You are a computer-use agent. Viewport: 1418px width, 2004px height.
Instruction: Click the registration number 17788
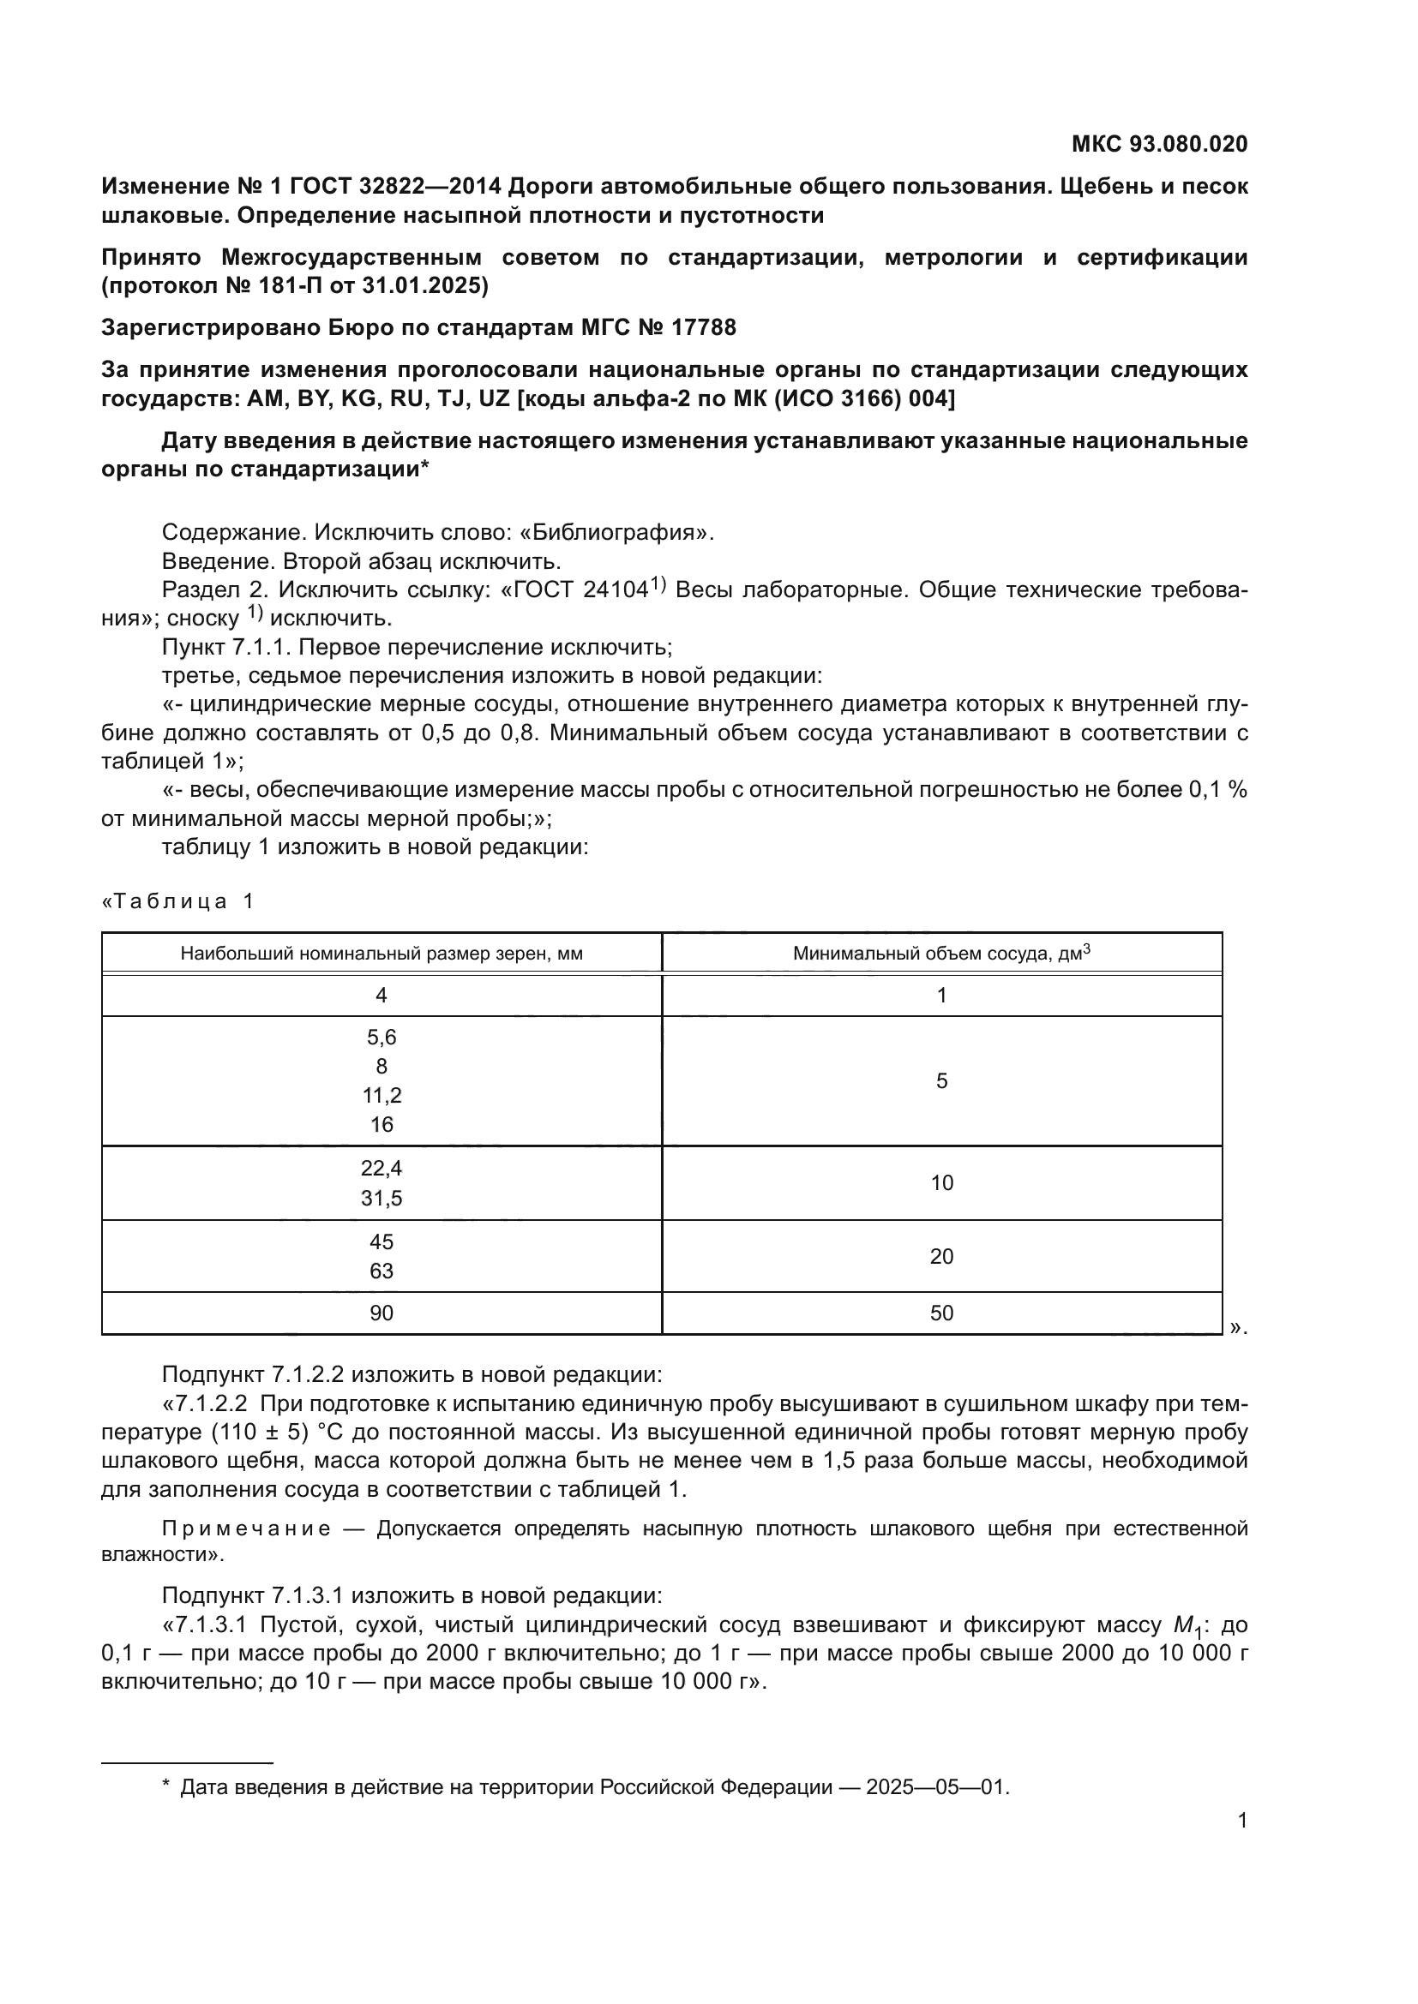tap(704, 327)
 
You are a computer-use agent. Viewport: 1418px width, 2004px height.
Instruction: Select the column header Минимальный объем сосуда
tap(940, 953)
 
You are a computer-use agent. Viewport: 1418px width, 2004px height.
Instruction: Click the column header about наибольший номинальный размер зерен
tap(382, 954)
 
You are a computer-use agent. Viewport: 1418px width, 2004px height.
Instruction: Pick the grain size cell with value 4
tap(382, 995)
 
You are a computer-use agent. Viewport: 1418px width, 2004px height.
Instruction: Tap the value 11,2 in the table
tap(382, 1096)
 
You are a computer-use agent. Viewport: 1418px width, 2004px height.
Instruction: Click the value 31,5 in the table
tap(382, 1199)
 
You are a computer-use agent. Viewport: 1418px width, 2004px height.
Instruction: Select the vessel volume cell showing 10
tap(941, 1182)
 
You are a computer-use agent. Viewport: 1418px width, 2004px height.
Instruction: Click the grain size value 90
tap(382, 1313)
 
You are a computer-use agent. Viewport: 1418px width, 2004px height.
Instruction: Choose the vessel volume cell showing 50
tap(941, 1313)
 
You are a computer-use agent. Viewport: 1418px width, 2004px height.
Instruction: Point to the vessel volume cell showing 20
tap(941, 1256)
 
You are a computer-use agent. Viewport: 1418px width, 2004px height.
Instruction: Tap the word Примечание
tap(246, 1528)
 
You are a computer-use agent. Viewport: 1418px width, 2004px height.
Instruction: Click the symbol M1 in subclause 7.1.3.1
tap(1187, 1626)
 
